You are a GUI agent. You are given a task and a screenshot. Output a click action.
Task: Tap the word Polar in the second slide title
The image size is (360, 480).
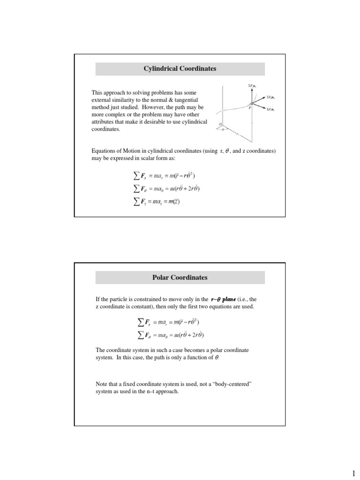(x=162, y=277)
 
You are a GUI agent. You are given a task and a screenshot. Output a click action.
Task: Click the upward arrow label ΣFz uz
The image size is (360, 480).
(x=251, y=86)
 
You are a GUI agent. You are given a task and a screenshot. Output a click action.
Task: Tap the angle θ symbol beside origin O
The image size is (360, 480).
(x=223, y=129)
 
